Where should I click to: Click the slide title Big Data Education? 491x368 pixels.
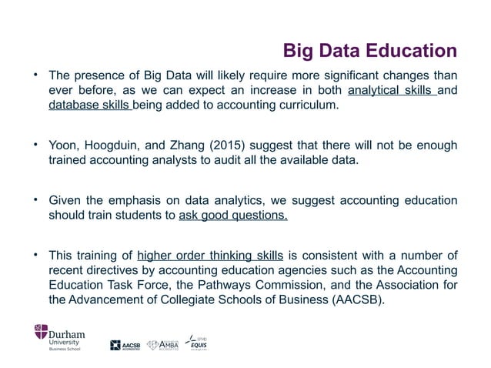click(371, 52)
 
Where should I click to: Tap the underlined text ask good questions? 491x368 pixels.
click(233, 216)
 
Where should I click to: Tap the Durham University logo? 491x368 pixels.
click(58, 336)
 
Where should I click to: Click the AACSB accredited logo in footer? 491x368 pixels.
click(126, 345)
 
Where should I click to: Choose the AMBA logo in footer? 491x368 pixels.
click(162, 344)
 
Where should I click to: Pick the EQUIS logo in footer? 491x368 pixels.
click(199, 343)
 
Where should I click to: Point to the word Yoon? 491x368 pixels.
click(63, 146)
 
